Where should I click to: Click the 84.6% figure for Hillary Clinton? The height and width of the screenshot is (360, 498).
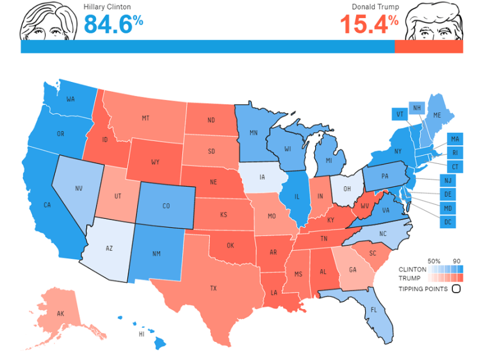(114, 23)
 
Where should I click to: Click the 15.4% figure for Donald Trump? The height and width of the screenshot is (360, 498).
(369, 23)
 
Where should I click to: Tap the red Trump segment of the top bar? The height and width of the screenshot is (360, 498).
(428, 47)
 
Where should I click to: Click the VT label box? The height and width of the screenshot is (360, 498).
(399, 114)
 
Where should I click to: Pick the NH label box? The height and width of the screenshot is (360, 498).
(418, 108)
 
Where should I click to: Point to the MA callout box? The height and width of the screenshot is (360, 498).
(455, 139)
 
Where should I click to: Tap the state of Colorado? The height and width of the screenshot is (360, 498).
(166, 205)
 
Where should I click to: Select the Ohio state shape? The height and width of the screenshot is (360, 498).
(347, 188)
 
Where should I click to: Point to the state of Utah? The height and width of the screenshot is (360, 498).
(118, 196)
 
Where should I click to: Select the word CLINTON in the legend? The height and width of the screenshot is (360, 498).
(412, 269)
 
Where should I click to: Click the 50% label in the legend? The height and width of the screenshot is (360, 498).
(434, 260)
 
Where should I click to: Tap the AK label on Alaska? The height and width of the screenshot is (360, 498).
(60, 314)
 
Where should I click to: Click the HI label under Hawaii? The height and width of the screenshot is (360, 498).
(141, 334)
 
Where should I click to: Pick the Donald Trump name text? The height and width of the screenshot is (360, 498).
(376, 7)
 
